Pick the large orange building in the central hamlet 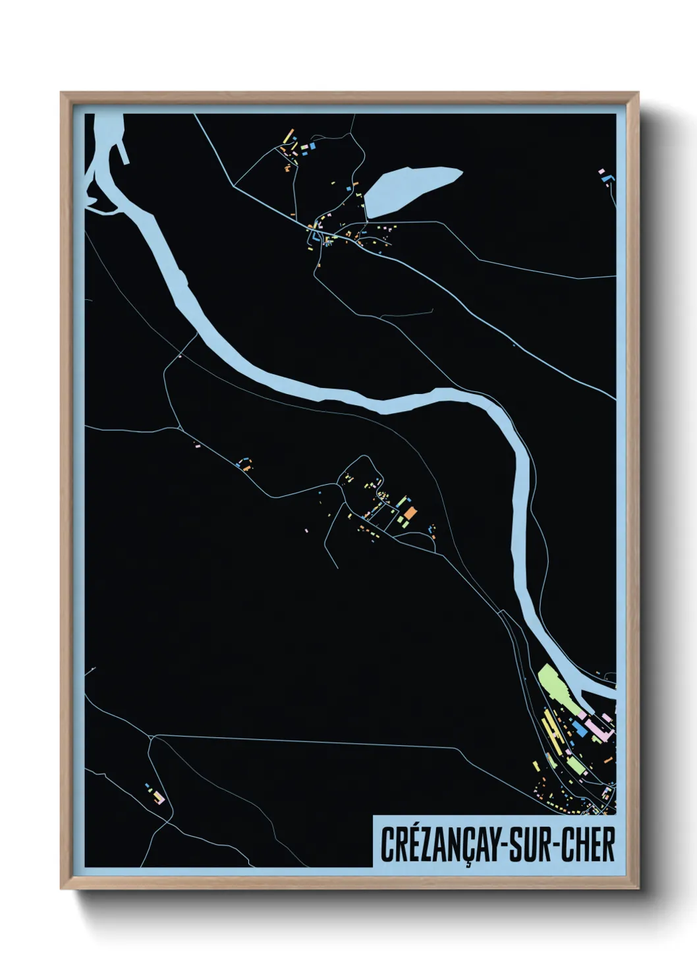410,513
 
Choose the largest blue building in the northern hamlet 313,145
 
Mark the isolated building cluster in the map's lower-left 155,794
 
